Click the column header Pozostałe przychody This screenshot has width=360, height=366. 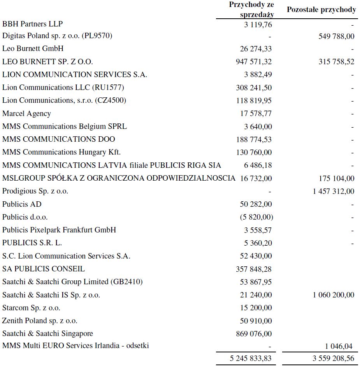pyautogui.click(x=321, y=10)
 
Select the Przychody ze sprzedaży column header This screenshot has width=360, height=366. pyautogui.click(x=251, y=10)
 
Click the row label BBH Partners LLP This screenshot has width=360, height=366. pyautogui.click(x=33, y=24)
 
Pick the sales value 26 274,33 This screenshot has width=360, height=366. pyautogui.click(x=256, y=49)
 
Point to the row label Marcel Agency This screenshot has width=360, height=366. pyautogui.click(x=26, y=114)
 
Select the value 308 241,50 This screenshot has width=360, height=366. pyautogui.click(x=254, y=88)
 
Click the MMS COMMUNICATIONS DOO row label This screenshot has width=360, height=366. pyautogui.click(x=59, y=139)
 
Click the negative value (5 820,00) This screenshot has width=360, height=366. pyautogui.click(x=256, y=217)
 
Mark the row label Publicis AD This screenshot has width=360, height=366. pyautogui.click(x=22, y=204)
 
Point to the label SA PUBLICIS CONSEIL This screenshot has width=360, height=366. pyautogui.click(x=43, y=269)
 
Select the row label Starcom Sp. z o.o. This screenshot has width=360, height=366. pyautogui.click(x=31, y=308)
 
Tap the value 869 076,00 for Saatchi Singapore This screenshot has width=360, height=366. pyautogui.click(x=254, y=334)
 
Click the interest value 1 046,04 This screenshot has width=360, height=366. pyautogui.click(x=340, y=346)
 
